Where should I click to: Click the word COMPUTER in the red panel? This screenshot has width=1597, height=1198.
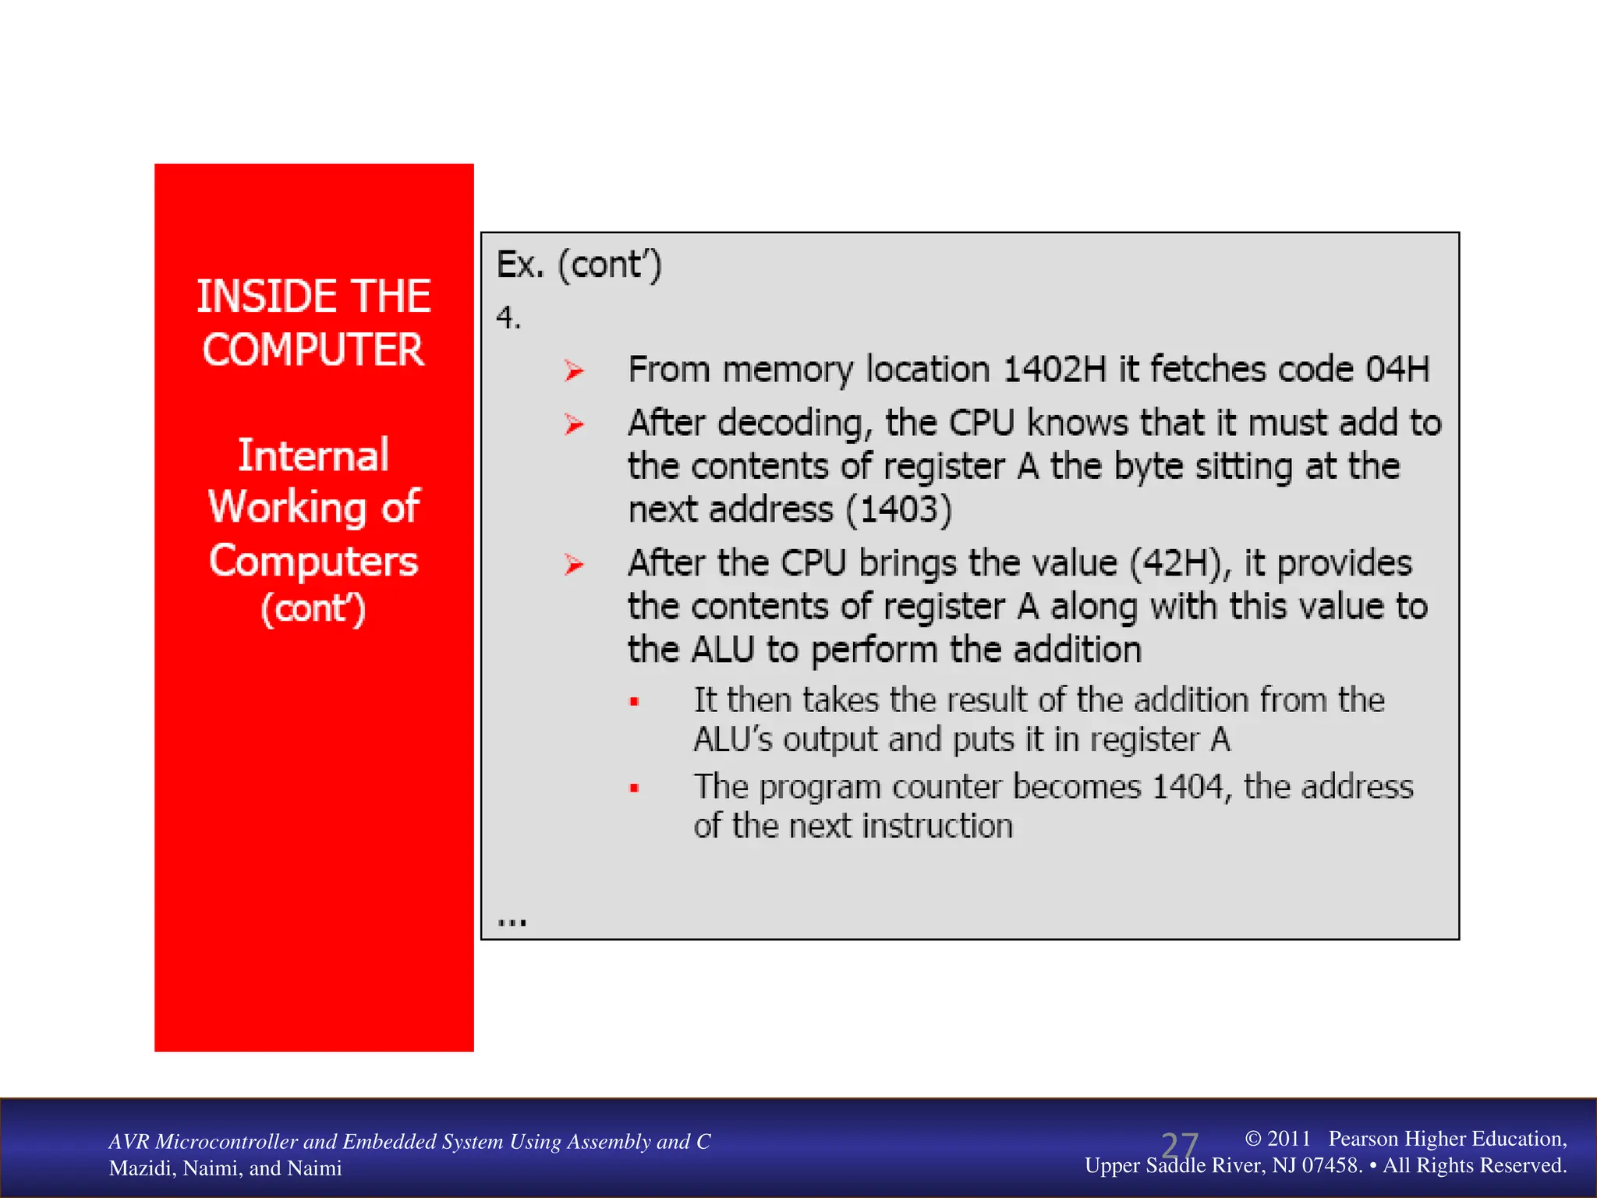click(313, 349)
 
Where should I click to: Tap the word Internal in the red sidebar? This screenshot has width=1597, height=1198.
click(313, 455)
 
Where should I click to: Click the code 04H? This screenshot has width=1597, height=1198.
click(1397, 370)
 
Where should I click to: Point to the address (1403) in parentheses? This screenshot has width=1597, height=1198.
click(899, 510)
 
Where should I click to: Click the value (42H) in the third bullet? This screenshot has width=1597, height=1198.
click(1177, 564)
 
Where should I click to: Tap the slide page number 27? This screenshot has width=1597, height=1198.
click(1179, 1147)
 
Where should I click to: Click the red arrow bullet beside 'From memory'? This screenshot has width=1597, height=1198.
click(575, 370)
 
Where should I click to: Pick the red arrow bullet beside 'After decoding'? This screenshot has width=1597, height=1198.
click(575, 424)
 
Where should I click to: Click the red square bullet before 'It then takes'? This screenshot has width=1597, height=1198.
click(635, 702)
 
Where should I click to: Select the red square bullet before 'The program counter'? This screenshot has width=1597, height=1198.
click(635, 789)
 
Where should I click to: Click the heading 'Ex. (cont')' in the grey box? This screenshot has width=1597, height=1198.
click(579, 265)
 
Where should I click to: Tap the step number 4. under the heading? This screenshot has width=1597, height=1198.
click(508, 317)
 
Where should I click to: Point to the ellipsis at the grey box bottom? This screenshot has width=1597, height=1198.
click(512, 923)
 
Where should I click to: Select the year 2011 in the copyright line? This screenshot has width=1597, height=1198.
click(1288, 1139)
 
